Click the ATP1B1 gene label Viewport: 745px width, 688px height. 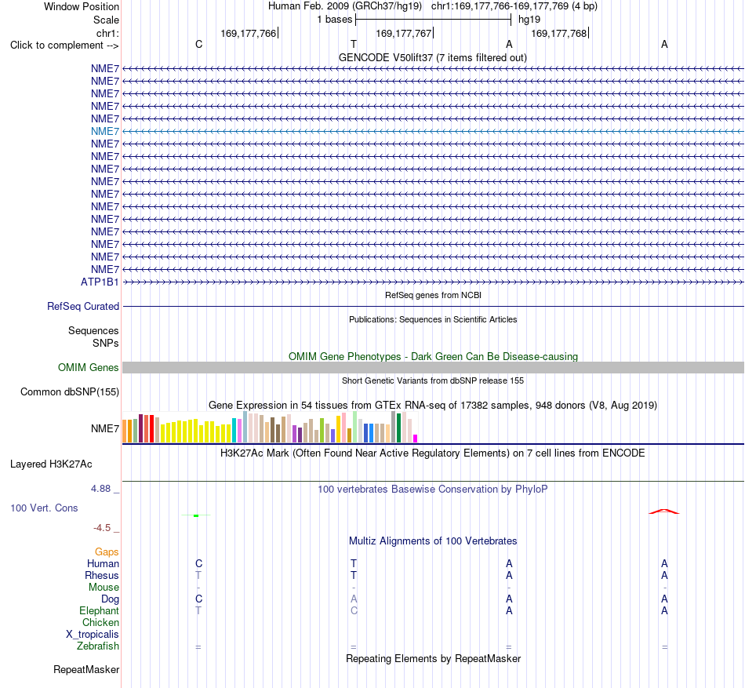[x=100, y=282]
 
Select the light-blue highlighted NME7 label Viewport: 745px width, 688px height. [x=105, y=131]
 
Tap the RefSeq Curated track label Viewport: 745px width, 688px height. [x=83, y=307]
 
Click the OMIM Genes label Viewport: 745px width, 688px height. [x=89, y=367]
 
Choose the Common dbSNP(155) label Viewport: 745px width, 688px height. [x=70, y=392]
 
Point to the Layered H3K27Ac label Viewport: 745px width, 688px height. [x=51, y=464]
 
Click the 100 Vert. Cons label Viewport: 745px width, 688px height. [x=44, y=508]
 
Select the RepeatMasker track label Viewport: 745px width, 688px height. [x=86, y=669]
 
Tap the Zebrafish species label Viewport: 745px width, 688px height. [x=98, y=646]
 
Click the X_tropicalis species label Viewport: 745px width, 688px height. [x=93, y=635]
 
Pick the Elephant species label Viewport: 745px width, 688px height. [x=100, y=610]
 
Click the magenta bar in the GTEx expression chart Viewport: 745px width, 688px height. [x=416, y=439]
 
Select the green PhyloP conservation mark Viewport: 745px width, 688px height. [x=196, y=515]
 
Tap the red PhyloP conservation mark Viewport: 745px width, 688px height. [x=664, y=511]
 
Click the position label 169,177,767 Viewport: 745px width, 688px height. [x=403, y=33]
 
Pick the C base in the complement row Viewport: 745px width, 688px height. [x=199, y=44]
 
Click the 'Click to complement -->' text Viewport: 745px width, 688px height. [x=64, y=46]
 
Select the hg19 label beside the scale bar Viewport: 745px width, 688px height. [x=529, y=20]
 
